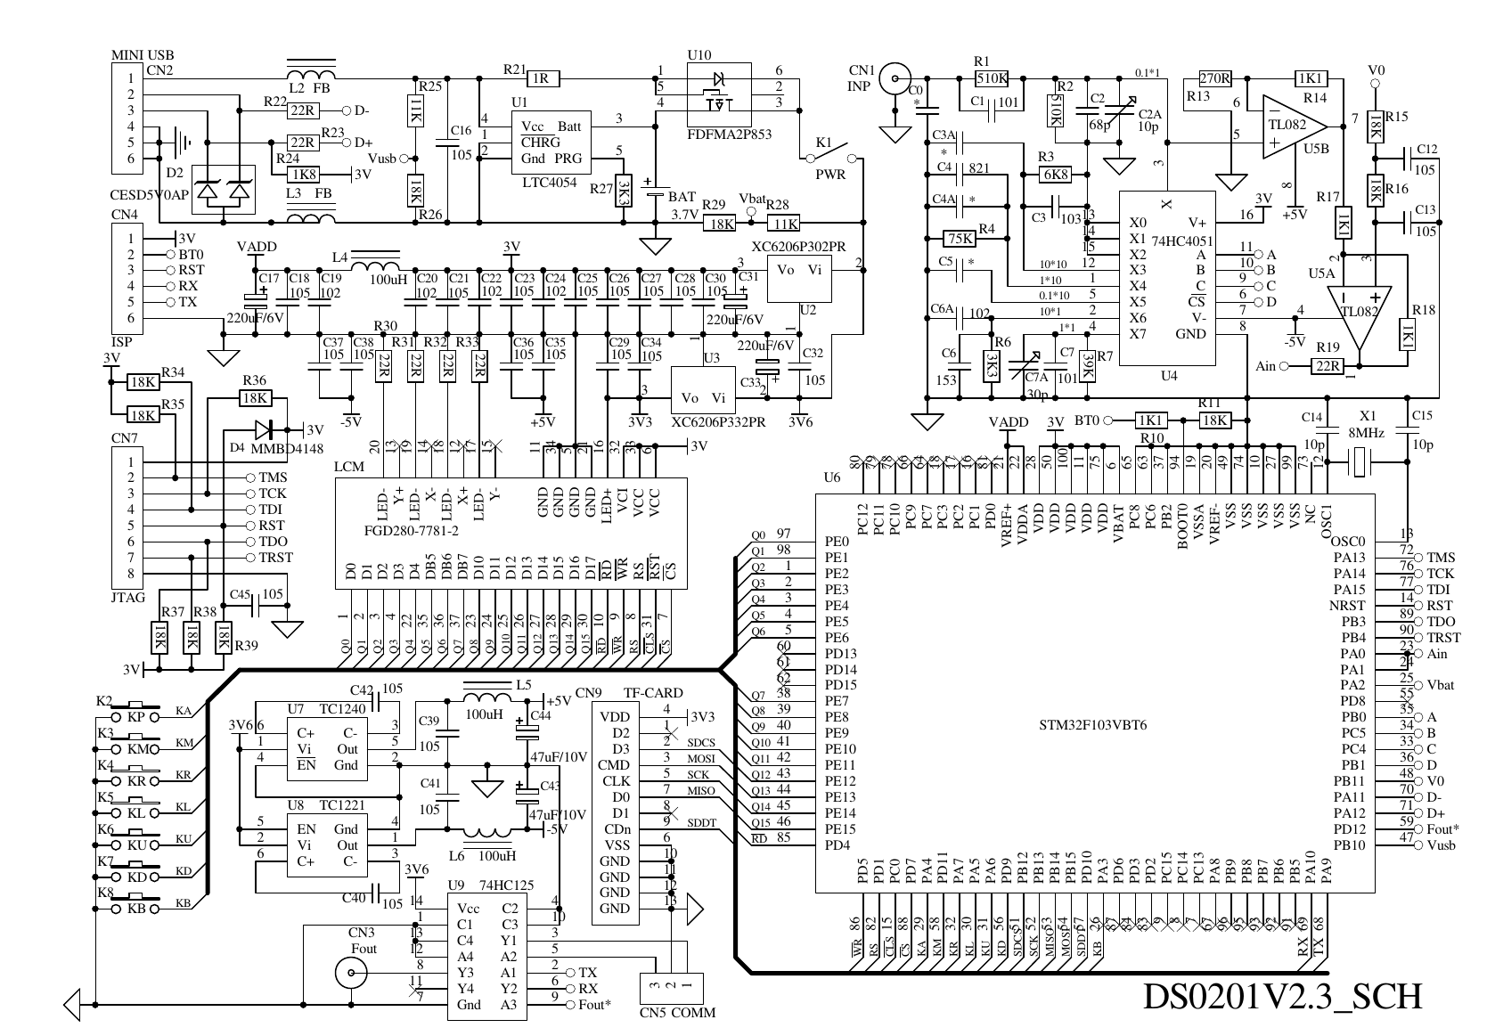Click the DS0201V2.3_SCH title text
1283,997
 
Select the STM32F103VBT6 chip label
1092,725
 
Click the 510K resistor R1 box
993,78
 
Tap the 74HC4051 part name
1181,241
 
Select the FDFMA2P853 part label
729,134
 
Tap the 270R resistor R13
1214,78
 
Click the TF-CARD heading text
652,692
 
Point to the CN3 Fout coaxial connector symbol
349,974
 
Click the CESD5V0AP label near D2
150,195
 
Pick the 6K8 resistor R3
1055,175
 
